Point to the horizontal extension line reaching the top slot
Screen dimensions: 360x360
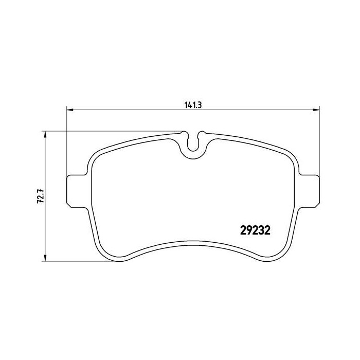[x=113, y=131]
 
